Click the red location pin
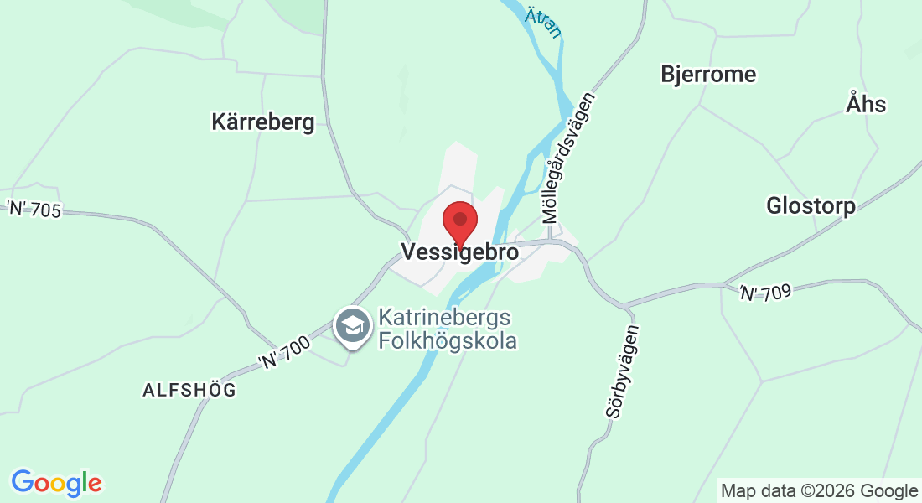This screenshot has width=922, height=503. click(x=459, y=223)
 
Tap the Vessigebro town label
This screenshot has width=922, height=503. click(x=459, y=251)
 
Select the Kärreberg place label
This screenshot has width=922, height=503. click(x=262, y=122)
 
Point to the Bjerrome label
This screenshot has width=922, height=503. click(x=708, y=74)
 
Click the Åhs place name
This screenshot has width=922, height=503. click(x=866, y=104)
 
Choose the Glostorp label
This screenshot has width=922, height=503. click(x=811, y=205)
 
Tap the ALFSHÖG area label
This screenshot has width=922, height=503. click(x=189, y=390)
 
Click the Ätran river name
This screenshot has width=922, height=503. click(x=542, y=23)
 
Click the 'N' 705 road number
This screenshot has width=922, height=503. click(x=34, y=209)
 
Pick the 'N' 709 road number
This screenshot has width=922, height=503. click(x=764, y=291)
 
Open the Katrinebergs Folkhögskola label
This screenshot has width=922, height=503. click(x=446, y=329)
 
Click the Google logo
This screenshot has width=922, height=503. click(x=57, y=483)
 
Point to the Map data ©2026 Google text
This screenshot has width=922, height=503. click(x=819, y=491)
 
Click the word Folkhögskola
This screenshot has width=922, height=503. click(x=447, y=340)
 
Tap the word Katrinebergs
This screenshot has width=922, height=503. click(x=444, y=319)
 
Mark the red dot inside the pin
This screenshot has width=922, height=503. click(x=459, y=218)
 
